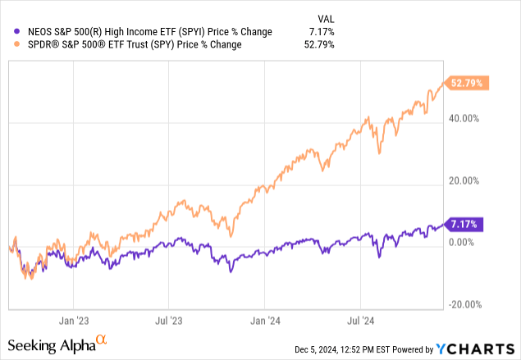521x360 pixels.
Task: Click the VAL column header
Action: click(x=326, y=17)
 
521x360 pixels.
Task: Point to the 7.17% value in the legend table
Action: click(x=323, y=31)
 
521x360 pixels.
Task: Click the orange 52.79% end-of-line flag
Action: click(x=466, y=83)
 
